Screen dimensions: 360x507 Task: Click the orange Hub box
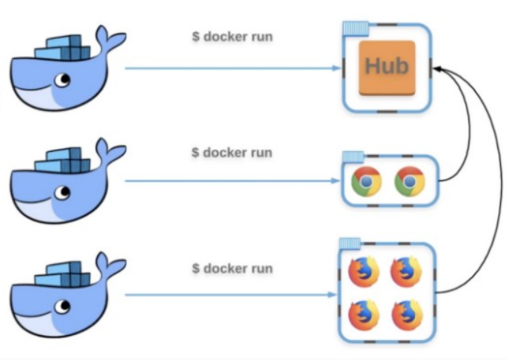[386, 67]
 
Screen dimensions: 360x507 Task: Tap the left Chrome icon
[366, 181]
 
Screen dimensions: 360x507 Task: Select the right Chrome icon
[409, 181]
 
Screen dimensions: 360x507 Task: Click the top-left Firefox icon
[363, 272]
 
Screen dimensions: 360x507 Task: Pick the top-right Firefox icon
[407, 272]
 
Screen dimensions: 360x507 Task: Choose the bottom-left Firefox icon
[363, 315]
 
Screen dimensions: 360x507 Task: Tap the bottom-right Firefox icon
[407, 315]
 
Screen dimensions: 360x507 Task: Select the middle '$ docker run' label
[232, 152]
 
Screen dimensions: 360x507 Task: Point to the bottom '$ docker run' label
[232, 267]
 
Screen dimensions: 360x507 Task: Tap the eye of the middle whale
[65, 193]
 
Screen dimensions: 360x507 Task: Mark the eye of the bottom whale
[65, 307]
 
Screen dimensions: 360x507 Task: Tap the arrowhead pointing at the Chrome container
[336, 181]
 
